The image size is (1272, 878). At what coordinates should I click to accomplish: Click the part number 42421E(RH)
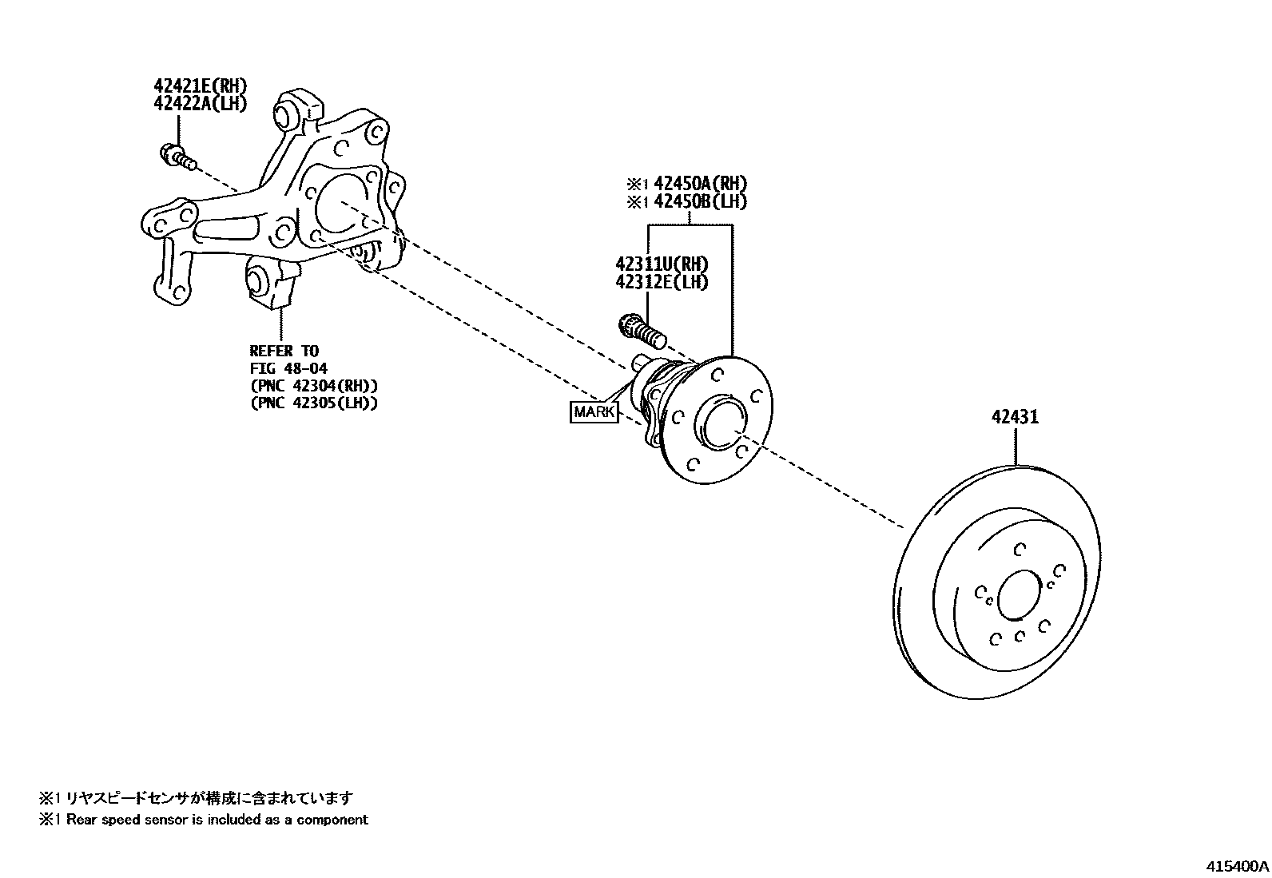click(200, 85)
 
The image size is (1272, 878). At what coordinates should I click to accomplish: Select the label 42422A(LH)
click(200, 103)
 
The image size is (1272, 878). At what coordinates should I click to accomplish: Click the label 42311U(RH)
click(662, 264)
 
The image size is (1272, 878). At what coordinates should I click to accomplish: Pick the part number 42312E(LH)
click(662, 281)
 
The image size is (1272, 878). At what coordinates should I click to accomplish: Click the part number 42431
click(1015, 417)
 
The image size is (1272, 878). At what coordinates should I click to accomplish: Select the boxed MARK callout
click(594, 412)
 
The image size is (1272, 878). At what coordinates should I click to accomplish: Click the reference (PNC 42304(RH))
click(313, 386)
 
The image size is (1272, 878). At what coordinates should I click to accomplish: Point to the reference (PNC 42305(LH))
click(313, 403)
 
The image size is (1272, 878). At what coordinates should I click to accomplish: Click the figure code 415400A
click(1237, 866)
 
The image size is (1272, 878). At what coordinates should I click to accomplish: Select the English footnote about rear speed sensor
click(204, 819)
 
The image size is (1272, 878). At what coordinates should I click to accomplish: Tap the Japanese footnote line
click(196, 797)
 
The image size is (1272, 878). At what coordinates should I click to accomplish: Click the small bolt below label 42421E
click(179, 156)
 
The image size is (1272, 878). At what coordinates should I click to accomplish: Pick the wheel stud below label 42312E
click(642, 329)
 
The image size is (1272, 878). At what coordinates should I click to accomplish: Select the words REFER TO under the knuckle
click(284, 351)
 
